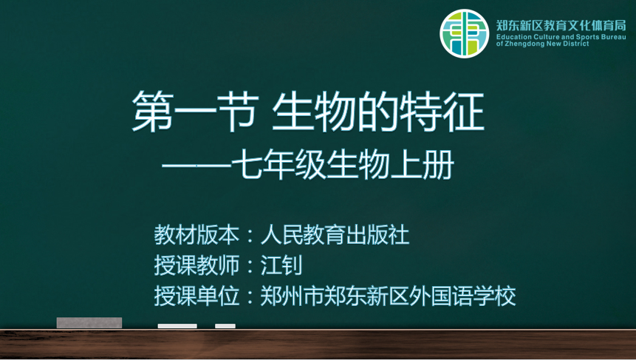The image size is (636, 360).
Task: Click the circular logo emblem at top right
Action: pyautogui.click(x=465, y=33)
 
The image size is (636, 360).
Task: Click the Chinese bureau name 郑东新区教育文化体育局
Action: pyautogui.click(x=561, y=26)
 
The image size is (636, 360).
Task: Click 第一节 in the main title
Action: pyautogui.click(x=196, y=111)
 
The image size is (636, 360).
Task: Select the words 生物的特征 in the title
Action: pyautogui.click(x=378, y=111)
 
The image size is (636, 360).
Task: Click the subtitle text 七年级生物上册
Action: pyautogui.click(x=343, y=165)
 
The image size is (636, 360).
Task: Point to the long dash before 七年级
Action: pyautogui.click(x=196, y=166)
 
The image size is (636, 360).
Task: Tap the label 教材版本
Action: pyautogui.click(x=196, y=234)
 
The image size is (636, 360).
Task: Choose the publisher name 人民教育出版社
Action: pyautogui.click(x=335, y=234)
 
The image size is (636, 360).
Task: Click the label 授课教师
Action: pyautogui.click(x=196, y=265)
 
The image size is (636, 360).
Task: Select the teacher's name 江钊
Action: pyautogui.click(x=281, y=265)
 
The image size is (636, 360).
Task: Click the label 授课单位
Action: pyautogui.click(x=196, y=296)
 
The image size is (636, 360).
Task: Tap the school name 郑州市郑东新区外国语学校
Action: pyautogui.click(x=388, y=296)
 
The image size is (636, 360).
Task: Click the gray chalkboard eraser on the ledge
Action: pyautogui.click(x=89, y=322)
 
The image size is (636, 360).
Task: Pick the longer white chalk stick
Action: pyautogui.click(x=177, y=326)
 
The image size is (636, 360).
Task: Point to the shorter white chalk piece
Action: pyautogui.click(x=225, y=326)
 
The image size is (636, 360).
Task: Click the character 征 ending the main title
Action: pyautogui.click(x=464, y=111)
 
